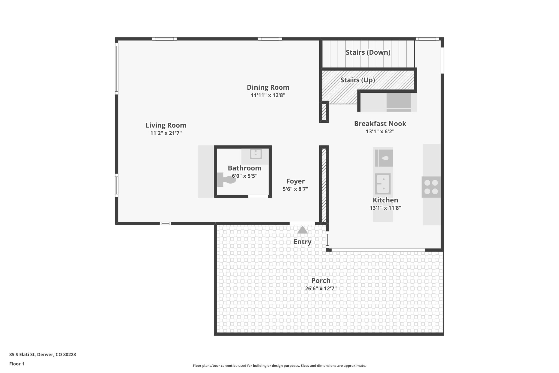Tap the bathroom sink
coord(256,154)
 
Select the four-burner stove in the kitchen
coord(431,187)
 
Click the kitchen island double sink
coord(383,184)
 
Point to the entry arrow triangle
coord(302,230)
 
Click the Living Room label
coord(166,125)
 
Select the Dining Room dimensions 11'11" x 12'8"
coord(268,95)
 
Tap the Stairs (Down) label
coord(368,52)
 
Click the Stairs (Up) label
coord(358,80)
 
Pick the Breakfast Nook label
coord(380,124)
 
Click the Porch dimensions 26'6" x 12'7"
coord(321,289)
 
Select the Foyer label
coord(295,181)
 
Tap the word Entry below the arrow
coord(302,242)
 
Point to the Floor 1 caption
coord(17,364)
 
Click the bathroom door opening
coord(258,196)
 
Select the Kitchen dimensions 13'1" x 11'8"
coord(385,208)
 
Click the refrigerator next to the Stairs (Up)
coord(399,102)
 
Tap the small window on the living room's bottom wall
coord(165,223)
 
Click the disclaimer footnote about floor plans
coord(279,366)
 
